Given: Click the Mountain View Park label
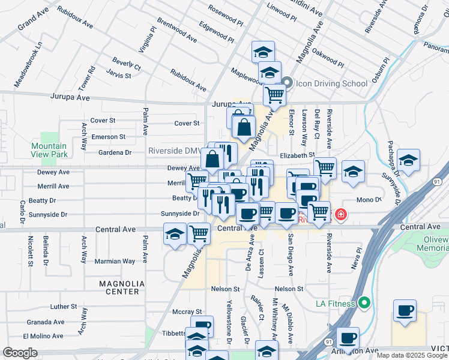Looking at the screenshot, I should pyautogui.click(x=49, y=151).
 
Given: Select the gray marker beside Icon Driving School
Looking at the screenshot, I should pyautogui.click(x=287, y=83).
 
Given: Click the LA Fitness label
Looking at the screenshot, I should pyautogui.click(x=336, y=304).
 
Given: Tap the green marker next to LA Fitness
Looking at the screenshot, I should pyautogui.click(x=363, y=303).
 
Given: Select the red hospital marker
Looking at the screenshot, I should pyautogui.click(x=340, y=214).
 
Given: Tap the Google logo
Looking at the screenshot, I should pyautogui.click(x=20, y=353).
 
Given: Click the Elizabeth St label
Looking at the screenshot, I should pyautogui.click(x=297, y=155).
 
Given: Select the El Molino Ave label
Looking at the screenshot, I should pyautogui.click(x=44, y=337).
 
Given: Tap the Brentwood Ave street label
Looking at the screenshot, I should pyautogui.click(x=176, y=30).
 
